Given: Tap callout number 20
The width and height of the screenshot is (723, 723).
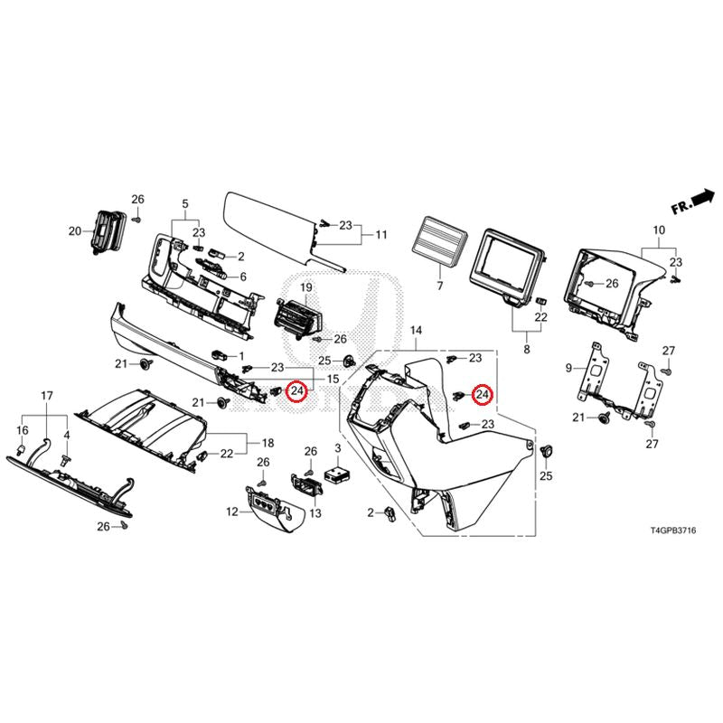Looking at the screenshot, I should coord(75,231).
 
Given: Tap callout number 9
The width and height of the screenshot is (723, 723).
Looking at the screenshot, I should coord(569,368).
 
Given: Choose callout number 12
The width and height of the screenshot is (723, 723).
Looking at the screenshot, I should coord(232,512).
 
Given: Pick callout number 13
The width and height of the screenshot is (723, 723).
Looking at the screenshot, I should coord(315,513).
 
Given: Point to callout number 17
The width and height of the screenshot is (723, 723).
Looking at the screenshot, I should coord(47,396).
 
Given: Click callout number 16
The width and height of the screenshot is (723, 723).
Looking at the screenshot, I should coord(23,430).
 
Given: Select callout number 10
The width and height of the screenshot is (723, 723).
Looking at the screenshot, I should coord(656,230).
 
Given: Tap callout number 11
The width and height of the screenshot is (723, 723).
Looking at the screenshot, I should coord(381,235).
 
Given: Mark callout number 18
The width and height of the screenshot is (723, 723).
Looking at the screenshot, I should coord(268,443).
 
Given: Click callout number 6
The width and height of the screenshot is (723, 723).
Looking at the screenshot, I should coord(240,277).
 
